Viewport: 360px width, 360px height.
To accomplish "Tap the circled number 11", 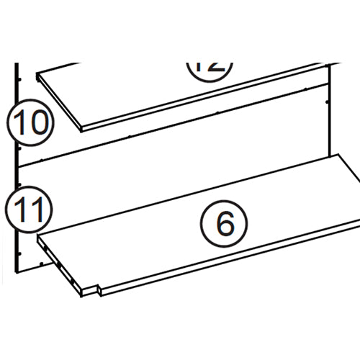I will coord(27,210).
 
